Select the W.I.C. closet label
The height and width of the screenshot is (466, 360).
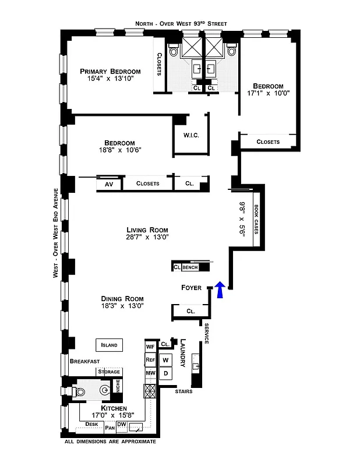pyautogui.click(x=191, y=136)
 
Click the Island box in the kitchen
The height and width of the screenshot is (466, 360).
pyautogui.click(x=109, y=345)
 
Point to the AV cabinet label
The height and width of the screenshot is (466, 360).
pyautogui.click(x=108, y=183)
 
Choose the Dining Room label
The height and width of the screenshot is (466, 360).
pyautogui.click(x=122, y=299)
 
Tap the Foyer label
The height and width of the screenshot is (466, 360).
pyautogui.click(x=191, y=288)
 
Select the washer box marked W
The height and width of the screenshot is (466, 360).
pyautogui.click(x=165, y=360)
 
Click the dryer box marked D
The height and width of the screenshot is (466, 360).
pyautogui.click(x=165, y=373)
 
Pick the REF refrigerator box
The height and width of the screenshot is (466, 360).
pyautogui.click(x=150, y=360)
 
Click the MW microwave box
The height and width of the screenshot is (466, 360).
pyautogui.click(x=150, y=373)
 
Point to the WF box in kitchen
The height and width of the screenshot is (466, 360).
pyautogui.click(x=150, y=347)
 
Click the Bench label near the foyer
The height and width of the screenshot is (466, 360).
pyautogui.click(x=190, y=267)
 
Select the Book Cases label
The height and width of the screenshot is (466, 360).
pyautogui.click(x=256, y=219)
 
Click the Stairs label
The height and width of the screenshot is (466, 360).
pyautogui.click(x=183, y=391)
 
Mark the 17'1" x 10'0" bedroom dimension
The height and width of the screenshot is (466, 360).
pyautogui.click(x=268, y=93)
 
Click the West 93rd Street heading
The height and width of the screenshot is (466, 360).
pyautogui.click(x=181, y=23)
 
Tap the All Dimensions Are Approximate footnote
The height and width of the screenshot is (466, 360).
pyautogui.click(x=110, y=442)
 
